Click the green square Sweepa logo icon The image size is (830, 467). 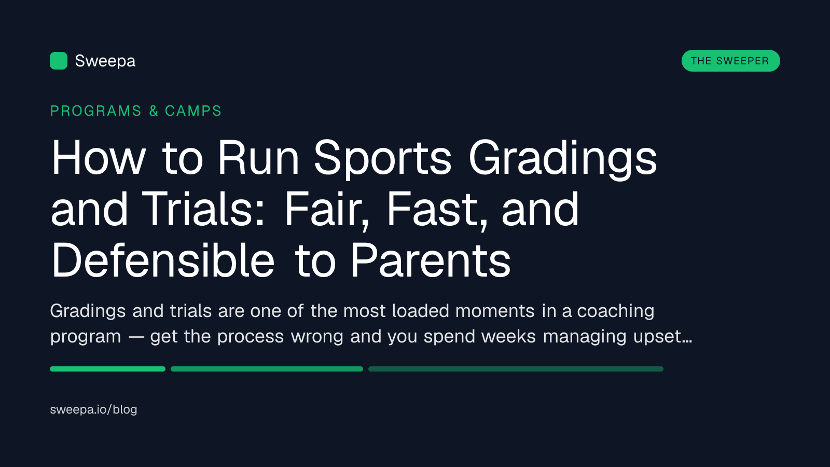(59, 61)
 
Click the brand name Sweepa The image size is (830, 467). (105, 61)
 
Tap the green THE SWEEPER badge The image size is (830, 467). (731, 61)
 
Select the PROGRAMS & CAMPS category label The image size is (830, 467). (135, 111)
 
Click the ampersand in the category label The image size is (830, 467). (154, 111)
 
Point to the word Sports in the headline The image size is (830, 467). (383, 158)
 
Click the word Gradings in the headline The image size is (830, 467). (563, 158)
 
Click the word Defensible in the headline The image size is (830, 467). (163, 259)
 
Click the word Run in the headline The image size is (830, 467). (258, 158)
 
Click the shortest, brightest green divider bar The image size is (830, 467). (107, 369)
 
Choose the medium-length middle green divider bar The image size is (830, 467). (267, 369)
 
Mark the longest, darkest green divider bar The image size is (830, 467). (516, 369)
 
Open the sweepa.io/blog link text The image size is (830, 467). (93, 409)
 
